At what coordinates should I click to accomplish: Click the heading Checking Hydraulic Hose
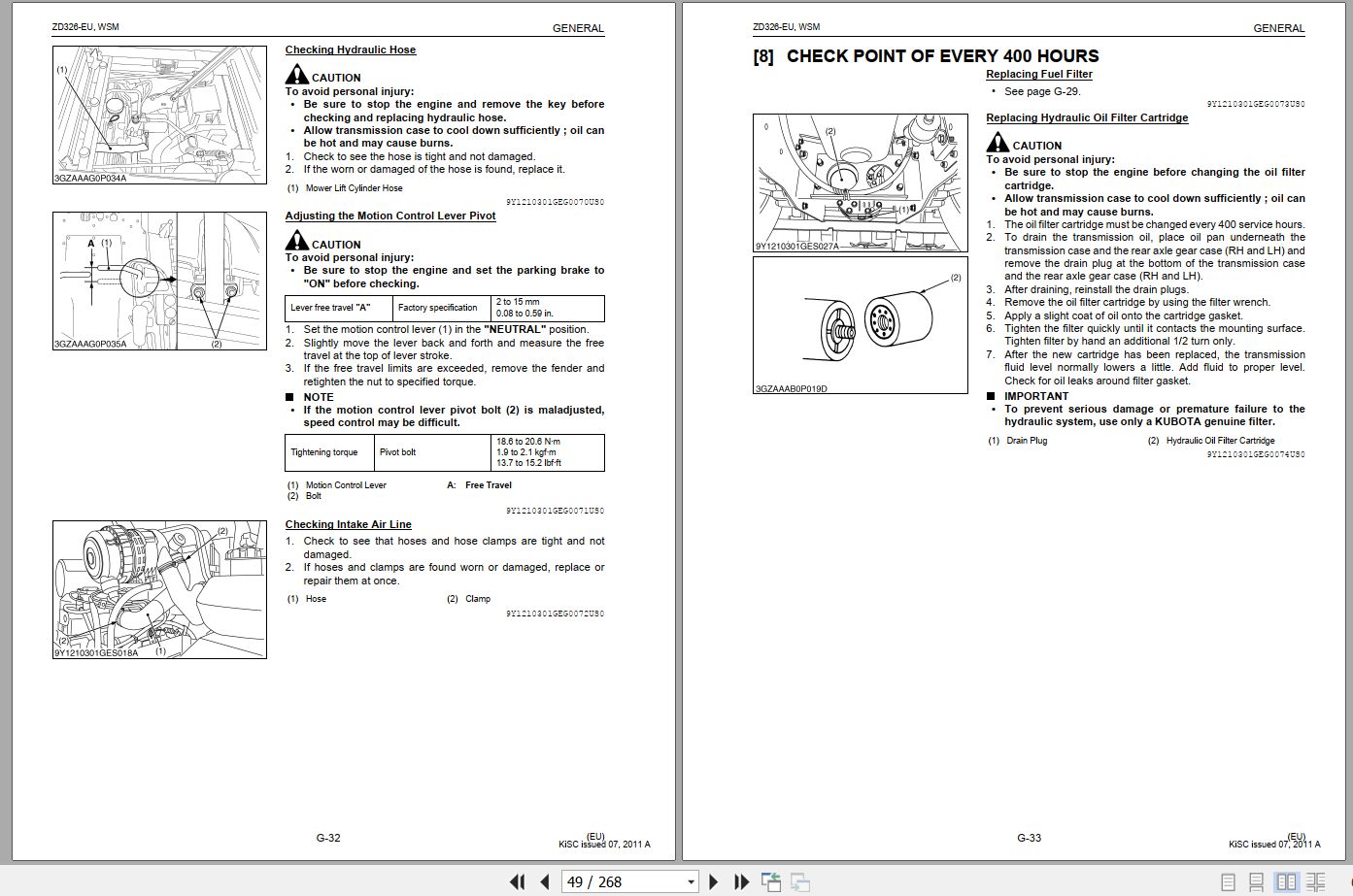(x=350, y=50)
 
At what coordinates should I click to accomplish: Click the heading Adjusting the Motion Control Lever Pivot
(x=389, y=216)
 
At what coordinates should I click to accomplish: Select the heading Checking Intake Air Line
(x=348, y=524)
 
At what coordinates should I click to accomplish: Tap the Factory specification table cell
(x=438, y=308)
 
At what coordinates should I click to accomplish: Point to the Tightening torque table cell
(x=324, y=452)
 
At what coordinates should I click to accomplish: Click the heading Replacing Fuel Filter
(x=1038, y=74)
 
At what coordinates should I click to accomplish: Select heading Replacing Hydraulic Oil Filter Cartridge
(x=1086, y=117)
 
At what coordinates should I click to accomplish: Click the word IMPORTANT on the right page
(x=1035, y=396)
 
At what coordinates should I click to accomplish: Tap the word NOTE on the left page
(x=318, y=397)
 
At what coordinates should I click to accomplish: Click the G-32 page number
(x=327, y=838)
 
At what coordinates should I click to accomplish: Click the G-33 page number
(x=1029, y=838)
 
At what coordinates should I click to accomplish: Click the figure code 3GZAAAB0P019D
(x=791, y=389)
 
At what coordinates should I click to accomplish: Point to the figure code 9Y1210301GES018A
(x=96, y=652)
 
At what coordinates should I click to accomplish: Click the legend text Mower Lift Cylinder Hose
(x=354, y=188)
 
